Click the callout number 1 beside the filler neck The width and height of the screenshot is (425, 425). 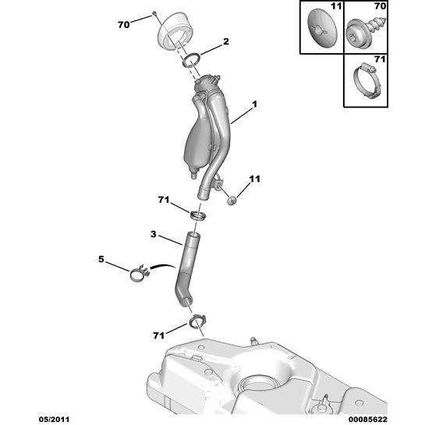254,104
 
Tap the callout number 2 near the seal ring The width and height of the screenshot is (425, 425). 226,41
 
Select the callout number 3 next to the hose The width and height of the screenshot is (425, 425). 154,234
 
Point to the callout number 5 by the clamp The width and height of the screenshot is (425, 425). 101,260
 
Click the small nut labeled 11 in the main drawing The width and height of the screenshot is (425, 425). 232,201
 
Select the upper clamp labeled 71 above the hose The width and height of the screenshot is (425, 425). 198,216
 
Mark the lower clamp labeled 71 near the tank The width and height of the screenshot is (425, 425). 197,321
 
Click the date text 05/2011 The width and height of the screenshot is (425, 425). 54,420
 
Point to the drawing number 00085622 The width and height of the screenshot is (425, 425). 368,420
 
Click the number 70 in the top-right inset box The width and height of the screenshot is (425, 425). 380,6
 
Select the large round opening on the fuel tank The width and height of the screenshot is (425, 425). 258,384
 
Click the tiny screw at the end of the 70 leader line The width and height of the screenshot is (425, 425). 154,13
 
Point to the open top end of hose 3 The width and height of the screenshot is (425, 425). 193,235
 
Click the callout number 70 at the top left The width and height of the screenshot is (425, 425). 123,25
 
